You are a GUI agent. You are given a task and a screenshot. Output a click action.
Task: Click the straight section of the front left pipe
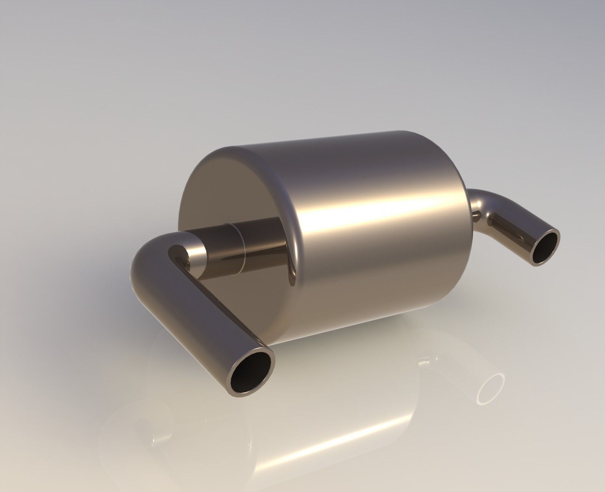[197, 318]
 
